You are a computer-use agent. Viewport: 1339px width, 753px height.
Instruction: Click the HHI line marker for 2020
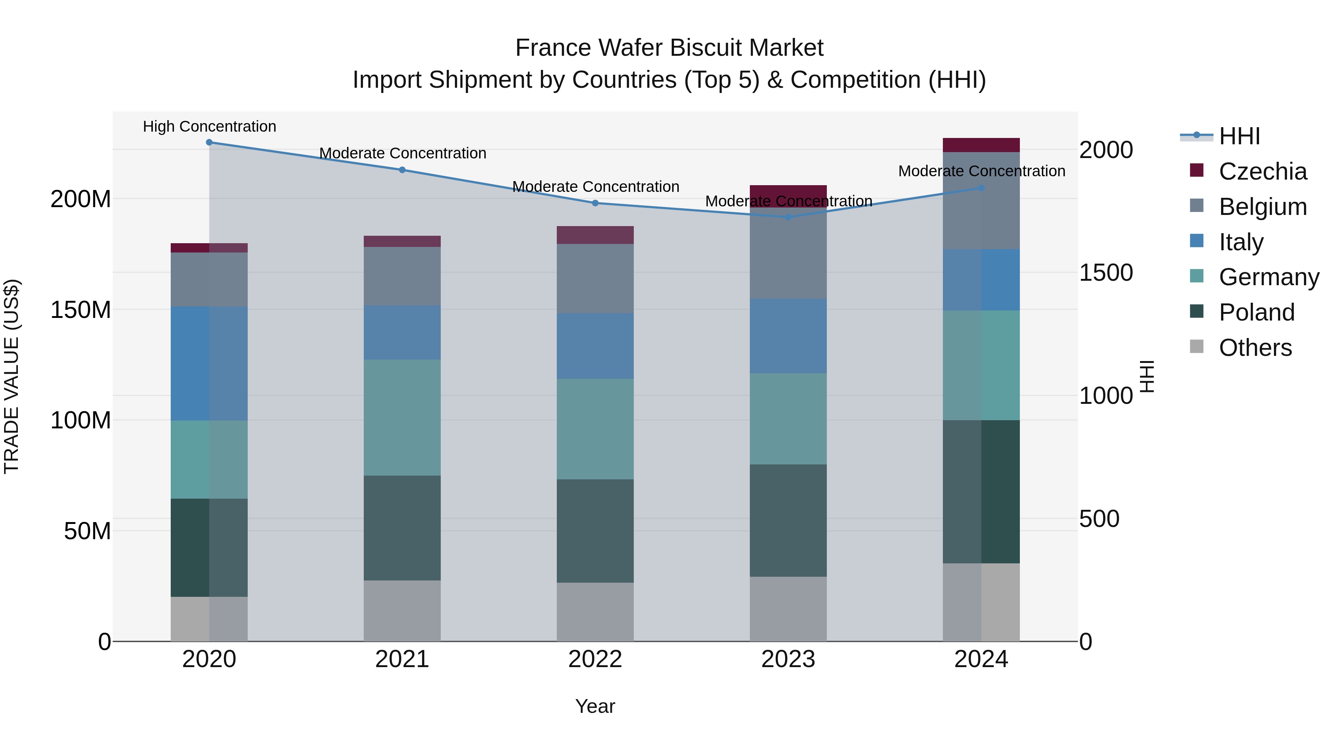click(209, 142)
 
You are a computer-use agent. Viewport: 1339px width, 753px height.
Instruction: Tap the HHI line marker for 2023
click(788, 217)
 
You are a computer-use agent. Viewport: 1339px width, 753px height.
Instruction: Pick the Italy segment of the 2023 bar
click(788, 336)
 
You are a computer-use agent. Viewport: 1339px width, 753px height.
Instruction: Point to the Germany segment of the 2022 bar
click(595, 429)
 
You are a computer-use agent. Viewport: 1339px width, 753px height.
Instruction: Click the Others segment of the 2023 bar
click(788, 609)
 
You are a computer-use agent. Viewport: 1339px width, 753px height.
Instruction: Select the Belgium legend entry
click(1262, 207)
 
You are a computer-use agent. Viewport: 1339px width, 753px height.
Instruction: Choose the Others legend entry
click(1255, 348)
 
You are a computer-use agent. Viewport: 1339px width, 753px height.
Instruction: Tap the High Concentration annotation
click(209, 127)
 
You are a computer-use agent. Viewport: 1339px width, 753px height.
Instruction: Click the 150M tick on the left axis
click(81, 310)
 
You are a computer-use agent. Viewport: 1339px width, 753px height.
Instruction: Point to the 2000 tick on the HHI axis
click(1106, 150)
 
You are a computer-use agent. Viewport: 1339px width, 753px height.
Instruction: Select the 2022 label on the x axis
click(595, 659)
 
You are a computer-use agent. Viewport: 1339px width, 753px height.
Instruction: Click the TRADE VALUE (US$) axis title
click(12, 376)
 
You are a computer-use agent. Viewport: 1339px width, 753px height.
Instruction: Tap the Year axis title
click(595, 706)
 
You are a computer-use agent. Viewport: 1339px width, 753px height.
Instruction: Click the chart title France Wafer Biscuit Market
click(669, 48)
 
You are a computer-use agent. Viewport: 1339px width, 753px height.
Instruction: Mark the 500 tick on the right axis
click(1099, 519)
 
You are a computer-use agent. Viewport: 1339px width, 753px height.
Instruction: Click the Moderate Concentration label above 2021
click(402, 153)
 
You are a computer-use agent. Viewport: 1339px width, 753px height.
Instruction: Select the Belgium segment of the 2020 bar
click(209, 280)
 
